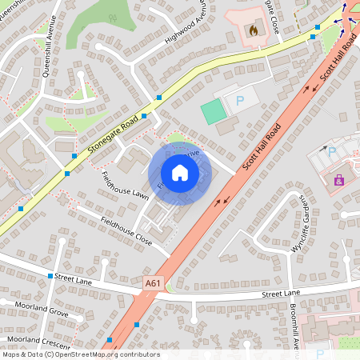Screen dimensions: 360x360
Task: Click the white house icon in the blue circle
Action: pyautogui.click(x=180, y=172)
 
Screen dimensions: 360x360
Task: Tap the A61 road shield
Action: pyautogui.click(x=154, y=282)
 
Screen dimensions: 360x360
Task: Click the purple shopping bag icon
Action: pyautogui.click(x=339, y=180)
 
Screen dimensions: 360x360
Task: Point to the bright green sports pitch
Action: pyautogui.click(x=214, y=111)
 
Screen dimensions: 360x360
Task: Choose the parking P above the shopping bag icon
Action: pyautogui.click(x=332, y=150)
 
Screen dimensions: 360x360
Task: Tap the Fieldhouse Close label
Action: pyautogui.click(x=126, y=229)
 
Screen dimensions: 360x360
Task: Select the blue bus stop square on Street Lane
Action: pyautogui.click(x=50, y=276)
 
